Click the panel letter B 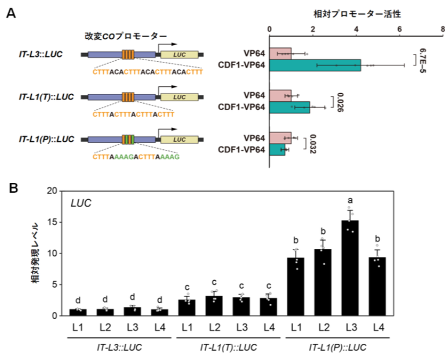[10, 189]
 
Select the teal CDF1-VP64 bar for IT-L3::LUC [315, 65]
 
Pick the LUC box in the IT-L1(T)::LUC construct [178, 97]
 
